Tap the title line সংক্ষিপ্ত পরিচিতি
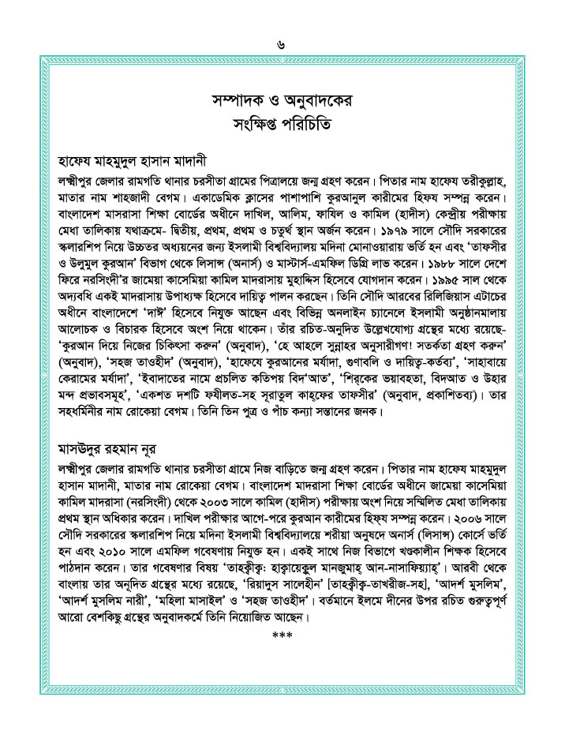click(282, 124)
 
